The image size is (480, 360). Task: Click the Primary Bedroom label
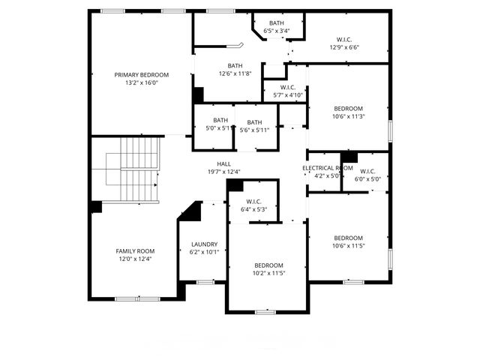[141, 75]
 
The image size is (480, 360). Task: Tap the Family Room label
[135, 250]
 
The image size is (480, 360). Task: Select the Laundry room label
[204, 244]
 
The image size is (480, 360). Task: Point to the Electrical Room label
[327, 168]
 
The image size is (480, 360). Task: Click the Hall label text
[223, 163]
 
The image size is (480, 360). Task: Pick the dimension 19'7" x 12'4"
[223, 172]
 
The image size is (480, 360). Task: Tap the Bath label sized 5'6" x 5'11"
[255, 122]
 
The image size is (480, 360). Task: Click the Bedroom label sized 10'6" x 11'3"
[348, 108]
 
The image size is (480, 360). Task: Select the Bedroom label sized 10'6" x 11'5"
[348, 238]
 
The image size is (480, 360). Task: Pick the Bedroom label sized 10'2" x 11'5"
[268, 265]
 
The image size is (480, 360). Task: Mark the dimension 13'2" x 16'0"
[141, 82]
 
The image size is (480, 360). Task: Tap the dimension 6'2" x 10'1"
[204, 252]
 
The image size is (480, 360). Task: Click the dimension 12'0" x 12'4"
[135, 259]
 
